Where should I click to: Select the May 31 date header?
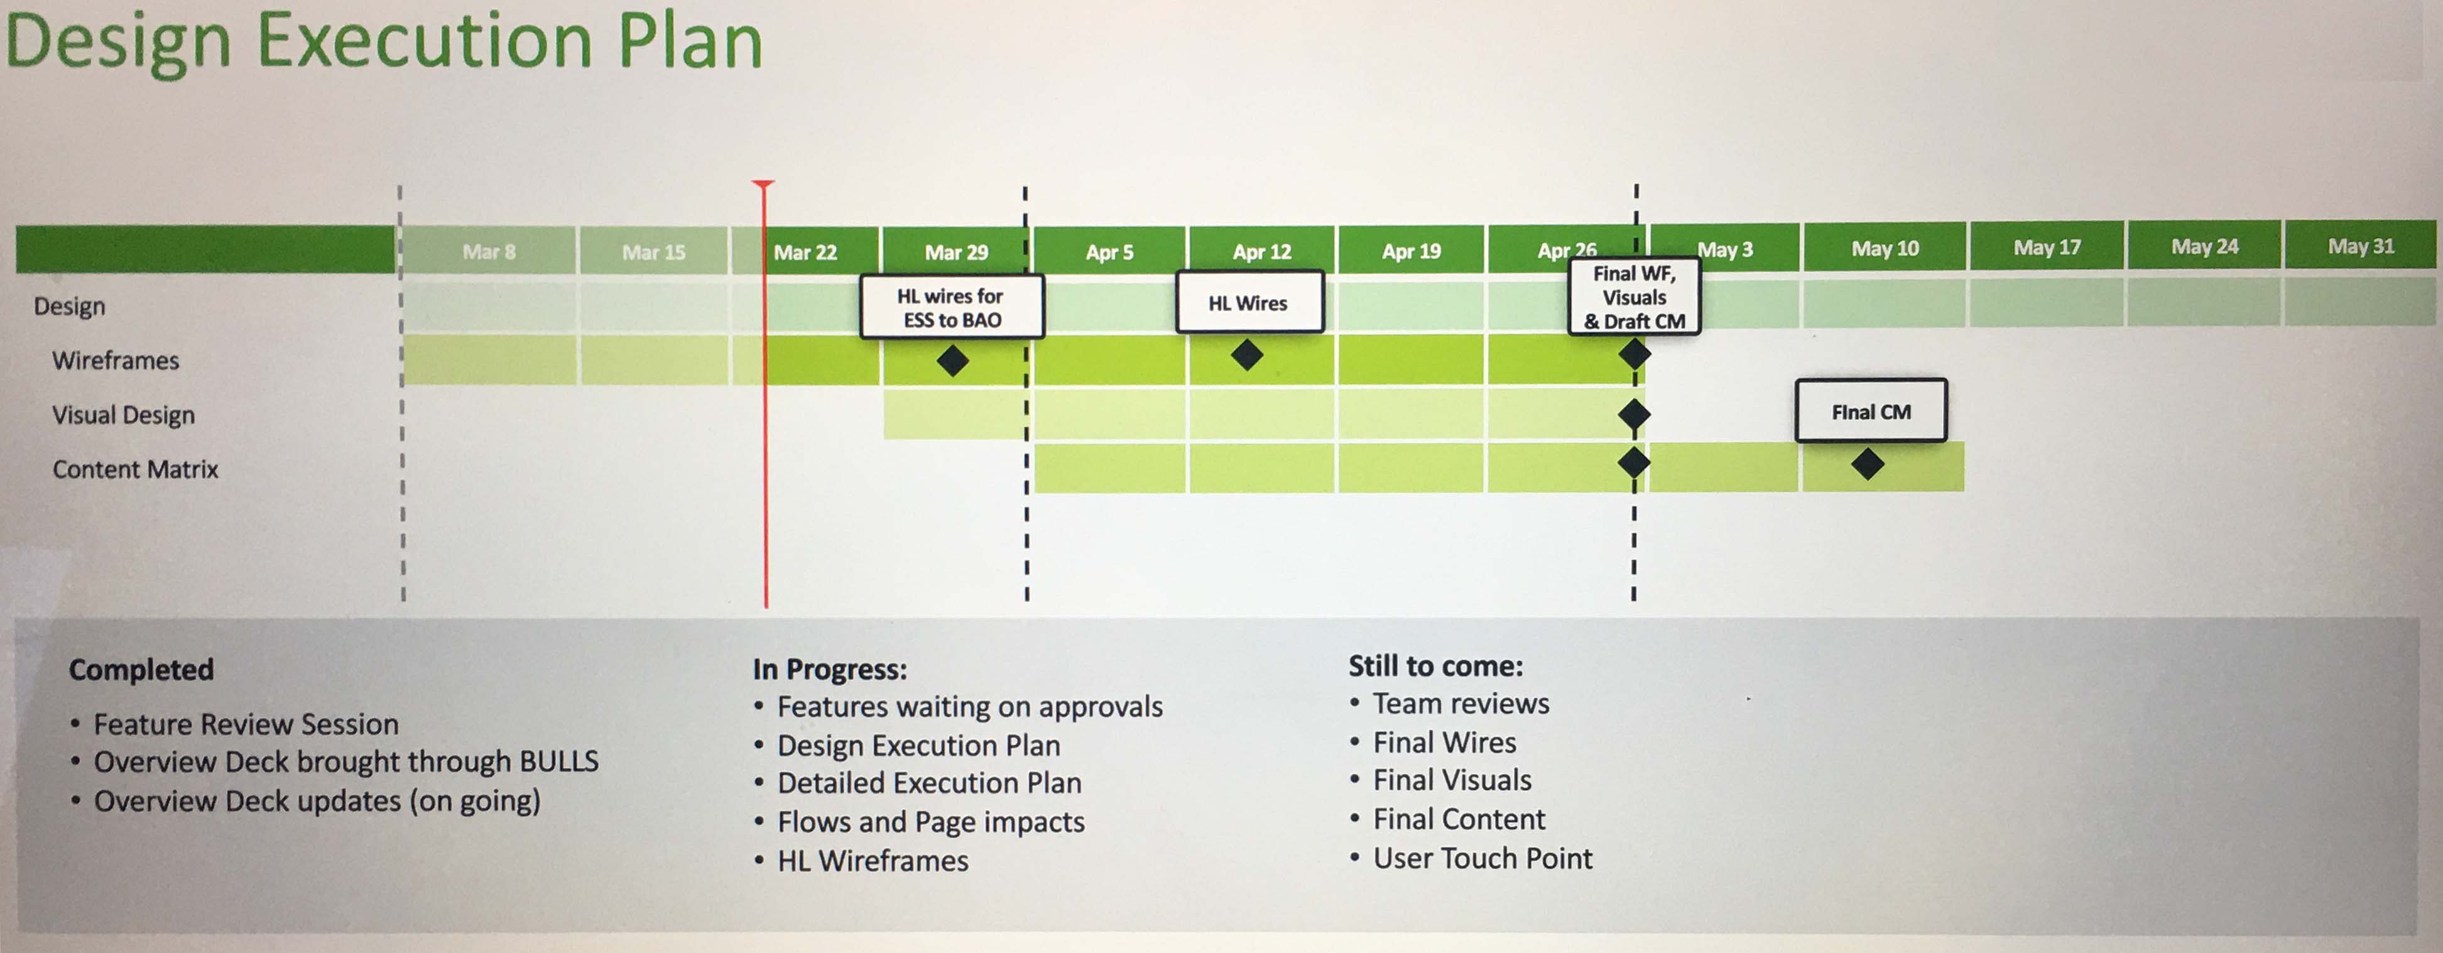point(2361,246)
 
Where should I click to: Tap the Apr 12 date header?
point(1261,251)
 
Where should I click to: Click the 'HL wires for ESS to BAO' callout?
point(951,307)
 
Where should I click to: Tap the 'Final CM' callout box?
point(1870,411)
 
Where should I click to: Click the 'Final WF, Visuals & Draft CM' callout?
point(1634,297)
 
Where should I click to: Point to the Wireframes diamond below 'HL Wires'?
point(1247,356)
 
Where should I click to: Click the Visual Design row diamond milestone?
point(1634,415)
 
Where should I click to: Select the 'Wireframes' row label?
point(116,361)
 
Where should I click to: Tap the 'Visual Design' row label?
point(123,415)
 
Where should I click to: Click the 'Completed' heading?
point(141,670)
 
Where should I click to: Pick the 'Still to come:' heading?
point(1435,666)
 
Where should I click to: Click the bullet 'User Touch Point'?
point(1483,858)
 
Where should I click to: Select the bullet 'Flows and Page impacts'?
point(930,821)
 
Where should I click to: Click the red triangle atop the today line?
point(763,184)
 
